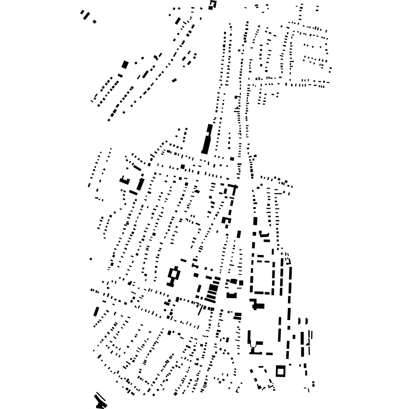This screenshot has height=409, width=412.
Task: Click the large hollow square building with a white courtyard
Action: tap(280, 371)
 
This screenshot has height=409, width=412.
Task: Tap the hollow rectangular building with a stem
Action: tap(174, 275)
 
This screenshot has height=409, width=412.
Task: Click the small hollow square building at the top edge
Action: tap(213, 4)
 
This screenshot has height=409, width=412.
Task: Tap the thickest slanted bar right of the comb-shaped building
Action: tap(140, 184)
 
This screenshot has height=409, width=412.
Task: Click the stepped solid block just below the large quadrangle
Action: tap(257, 305)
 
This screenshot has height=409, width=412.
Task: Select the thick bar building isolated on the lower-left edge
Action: tap(96, 312)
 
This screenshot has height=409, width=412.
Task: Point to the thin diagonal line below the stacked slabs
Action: tap(201, 309)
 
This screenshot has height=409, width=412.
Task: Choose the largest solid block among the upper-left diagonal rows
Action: tap(125, 65)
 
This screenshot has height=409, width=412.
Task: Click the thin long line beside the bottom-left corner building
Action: tap(101, 396)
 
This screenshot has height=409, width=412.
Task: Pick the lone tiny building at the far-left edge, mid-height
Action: tap(91, 259)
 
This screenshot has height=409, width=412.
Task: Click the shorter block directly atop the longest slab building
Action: tap(210, 128)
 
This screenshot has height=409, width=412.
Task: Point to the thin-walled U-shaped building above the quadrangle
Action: tap(264, 234)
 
